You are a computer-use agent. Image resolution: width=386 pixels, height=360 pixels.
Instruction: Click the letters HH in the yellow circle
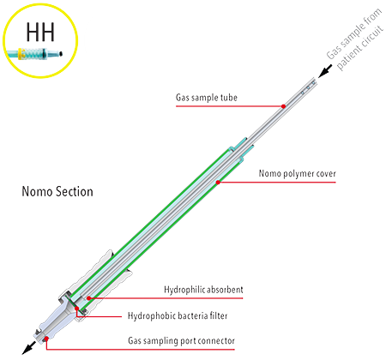40,32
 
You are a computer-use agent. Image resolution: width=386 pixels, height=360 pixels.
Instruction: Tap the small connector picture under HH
34,54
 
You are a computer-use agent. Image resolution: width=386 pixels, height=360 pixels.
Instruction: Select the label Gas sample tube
207,98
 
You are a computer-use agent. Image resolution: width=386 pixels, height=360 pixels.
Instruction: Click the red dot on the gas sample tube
283,106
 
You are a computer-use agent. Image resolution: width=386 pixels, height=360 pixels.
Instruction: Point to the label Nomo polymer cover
297,173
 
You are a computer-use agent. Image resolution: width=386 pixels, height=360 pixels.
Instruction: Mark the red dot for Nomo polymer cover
218,182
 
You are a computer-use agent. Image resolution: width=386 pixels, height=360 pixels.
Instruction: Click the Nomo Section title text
57,191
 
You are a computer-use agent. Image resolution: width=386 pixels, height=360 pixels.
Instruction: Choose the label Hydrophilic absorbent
203,290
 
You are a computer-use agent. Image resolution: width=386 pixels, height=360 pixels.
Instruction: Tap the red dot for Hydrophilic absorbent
89,298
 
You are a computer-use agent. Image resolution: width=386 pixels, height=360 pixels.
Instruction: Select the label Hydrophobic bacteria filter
178,315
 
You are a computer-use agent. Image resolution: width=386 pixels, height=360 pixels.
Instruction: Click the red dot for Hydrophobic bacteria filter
76,309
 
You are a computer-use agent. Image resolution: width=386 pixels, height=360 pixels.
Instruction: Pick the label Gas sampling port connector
181,340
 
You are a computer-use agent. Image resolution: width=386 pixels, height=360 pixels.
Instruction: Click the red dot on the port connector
46,339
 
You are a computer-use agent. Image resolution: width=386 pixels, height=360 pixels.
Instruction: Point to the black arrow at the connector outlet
29,348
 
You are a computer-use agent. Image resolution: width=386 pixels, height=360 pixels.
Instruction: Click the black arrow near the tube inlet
325,71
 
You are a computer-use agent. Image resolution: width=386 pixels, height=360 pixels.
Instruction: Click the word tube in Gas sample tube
229,98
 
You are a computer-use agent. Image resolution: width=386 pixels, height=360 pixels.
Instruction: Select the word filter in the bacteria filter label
219,315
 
